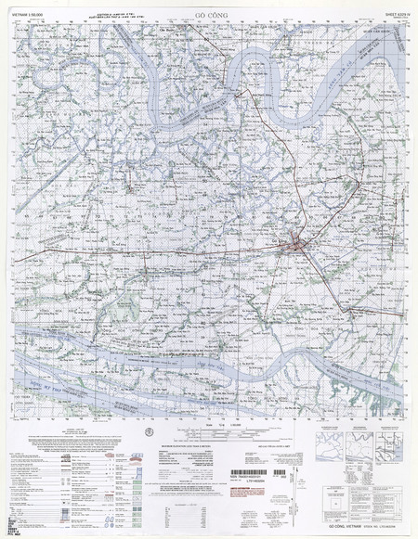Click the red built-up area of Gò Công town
click(296, 244)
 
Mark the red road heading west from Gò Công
click(186, 252)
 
